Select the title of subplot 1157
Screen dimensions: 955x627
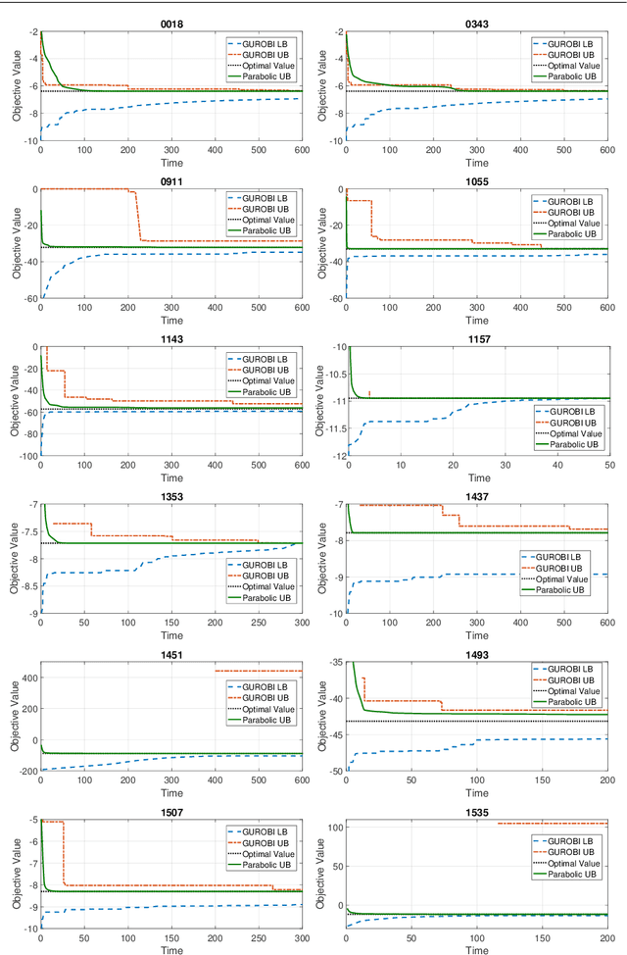(x=477, y=339)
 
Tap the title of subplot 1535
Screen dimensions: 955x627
(x=477, y=813)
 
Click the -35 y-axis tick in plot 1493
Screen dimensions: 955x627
(x=332, y=663)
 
